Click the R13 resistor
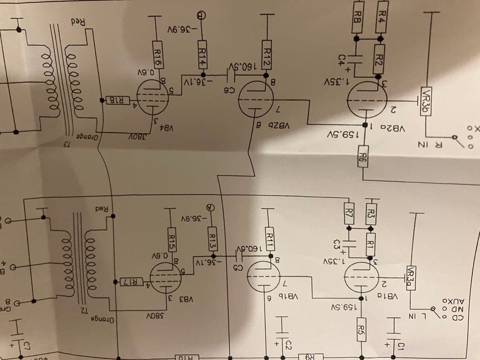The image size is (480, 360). coord(212,238)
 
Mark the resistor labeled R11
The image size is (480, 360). coord(269,238)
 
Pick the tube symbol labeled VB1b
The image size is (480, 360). coord(267,276)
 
